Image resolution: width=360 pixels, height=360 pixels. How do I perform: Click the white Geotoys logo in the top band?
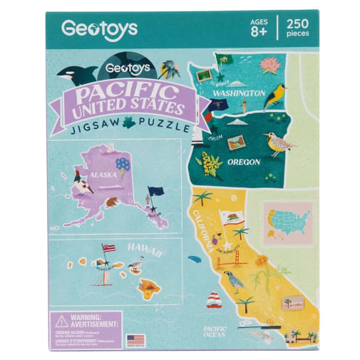click(99, 30)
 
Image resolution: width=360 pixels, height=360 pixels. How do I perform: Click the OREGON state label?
click(243, 161)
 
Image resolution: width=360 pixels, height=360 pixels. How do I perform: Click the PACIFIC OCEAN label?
click(214, 331)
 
